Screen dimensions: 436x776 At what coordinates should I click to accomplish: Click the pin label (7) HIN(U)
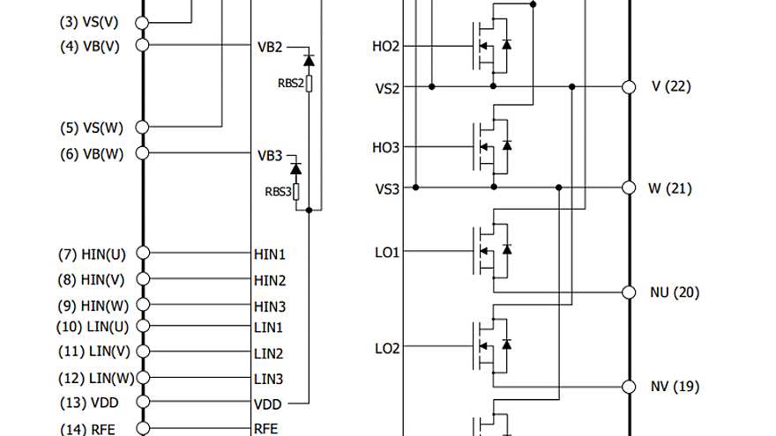point(92,255)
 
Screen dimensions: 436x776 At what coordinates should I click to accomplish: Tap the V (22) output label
point(670,86)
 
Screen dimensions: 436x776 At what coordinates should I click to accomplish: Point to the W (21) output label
point(670,188)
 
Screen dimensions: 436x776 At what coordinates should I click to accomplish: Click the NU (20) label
point(675,292)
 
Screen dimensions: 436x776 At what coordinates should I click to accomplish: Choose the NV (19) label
point(675,387)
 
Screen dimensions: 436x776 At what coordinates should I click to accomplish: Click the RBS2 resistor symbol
point(310,84)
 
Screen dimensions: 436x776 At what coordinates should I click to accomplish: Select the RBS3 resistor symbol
point(296,191)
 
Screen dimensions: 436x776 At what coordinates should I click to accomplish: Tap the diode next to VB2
point(309,60)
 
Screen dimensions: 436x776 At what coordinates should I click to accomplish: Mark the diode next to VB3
point(296,167)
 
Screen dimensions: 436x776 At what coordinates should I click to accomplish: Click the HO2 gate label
point(386,45)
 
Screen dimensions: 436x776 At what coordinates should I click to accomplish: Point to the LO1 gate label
point(387,253)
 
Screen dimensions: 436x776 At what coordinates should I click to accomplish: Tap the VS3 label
point(387,188)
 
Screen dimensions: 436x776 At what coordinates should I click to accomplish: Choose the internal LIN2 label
point(268,354)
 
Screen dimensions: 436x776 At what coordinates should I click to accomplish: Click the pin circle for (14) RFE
point(143,429)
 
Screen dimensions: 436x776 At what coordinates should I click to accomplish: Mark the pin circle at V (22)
point(629,86)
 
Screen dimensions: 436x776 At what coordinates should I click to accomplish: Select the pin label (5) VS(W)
point(92,128)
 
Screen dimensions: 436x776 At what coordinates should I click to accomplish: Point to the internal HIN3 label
point(269,307)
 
